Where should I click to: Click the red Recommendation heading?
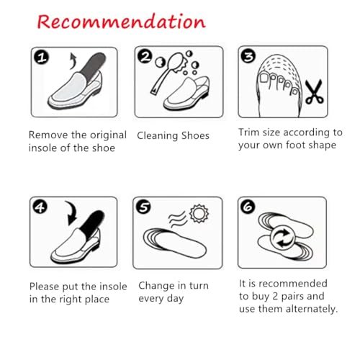[122, 22]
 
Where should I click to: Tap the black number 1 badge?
[41, 58]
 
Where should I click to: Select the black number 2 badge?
[145, 57]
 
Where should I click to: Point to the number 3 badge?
[248, 56]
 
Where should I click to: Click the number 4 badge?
[40, 207]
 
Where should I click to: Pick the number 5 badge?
[143, 207]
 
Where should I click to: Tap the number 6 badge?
[248, 207]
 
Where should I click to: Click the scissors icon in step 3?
[315, 92]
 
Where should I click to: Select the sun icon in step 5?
[199, 213]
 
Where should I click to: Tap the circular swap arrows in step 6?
[283, 238]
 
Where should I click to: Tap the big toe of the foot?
[264, 78]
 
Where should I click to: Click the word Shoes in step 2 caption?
[195, 135]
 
